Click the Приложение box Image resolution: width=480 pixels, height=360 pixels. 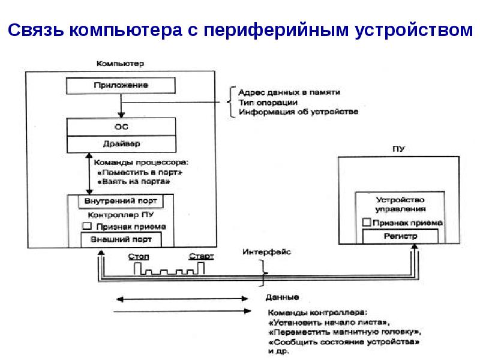coord(121,85)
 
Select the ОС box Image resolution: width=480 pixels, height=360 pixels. coord(121,127)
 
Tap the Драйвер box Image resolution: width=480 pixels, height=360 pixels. coord(121,144)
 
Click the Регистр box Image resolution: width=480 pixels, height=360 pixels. coord(400,236)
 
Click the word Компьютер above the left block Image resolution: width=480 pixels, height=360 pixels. coord(121,63)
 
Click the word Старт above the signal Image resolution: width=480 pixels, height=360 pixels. coord(201,257)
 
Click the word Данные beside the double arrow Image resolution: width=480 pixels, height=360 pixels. coord(281,298)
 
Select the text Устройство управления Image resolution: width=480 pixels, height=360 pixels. coord(400,204)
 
